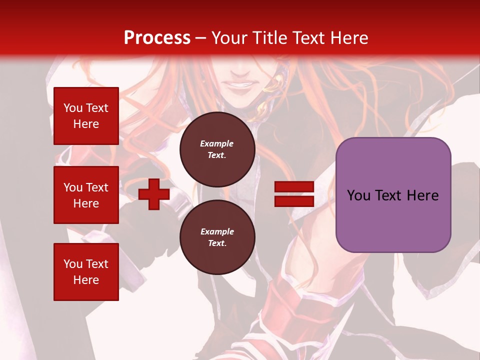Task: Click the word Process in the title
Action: click(x=157, y=38)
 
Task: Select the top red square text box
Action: click(x=86, y=116)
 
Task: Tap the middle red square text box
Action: click(x=86, y=195)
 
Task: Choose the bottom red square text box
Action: click(x=86, y=271)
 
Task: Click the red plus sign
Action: click(x=154, y=194)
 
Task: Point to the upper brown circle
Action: click(x=217, y=149)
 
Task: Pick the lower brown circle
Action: click(x=217, y=237)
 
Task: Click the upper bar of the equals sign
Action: click(x=294, y=187)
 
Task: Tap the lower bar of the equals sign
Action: click(x=294, y=201)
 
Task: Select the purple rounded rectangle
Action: click(x=393, y=220)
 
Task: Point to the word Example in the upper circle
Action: click(x=217, y=143)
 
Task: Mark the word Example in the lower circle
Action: click(x=217, y=231)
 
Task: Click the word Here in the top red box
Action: click(x=86, y=124)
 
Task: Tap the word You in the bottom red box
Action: click(x=73, y=264)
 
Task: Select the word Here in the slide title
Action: click(x=351, y=38)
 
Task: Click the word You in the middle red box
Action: click(x=73, y=187)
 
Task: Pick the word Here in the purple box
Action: click(x=422, y=195)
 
